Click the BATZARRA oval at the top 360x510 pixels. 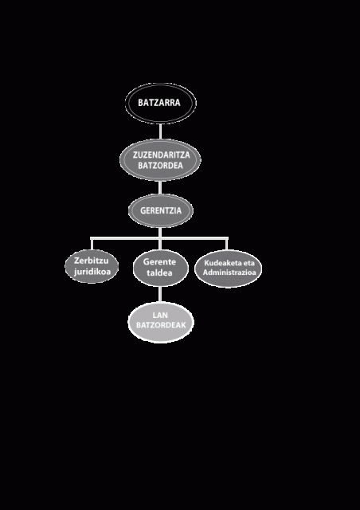click(161, 103)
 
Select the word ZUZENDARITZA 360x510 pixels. click(161, 155)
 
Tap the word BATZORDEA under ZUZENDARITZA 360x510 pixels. click(160, 165)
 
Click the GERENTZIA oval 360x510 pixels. click(161, 210)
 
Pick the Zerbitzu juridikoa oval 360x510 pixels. click(92, 266)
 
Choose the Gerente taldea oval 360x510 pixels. click(161, 268)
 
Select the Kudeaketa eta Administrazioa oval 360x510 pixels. click(228, 269)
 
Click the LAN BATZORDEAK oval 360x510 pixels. click(161, 322)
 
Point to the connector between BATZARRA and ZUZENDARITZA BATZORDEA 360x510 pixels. click(160, 131)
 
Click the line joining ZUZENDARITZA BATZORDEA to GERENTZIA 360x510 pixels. click(160, 187)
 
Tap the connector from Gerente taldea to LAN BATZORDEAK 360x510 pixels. click(160, 294)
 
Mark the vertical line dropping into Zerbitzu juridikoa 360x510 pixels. click(92, 244)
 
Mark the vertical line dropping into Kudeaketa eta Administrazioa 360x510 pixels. click(227, 244)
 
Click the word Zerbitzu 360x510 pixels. click(92, 261)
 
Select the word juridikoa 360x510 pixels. click(92, 272)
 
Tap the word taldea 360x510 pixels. click(159, 273)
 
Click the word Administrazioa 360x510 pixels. click(229, 273)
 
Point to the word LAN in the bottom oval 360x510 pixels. click(160, 316)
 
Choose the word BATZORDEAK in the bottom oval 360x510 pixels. click(161, 325)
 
